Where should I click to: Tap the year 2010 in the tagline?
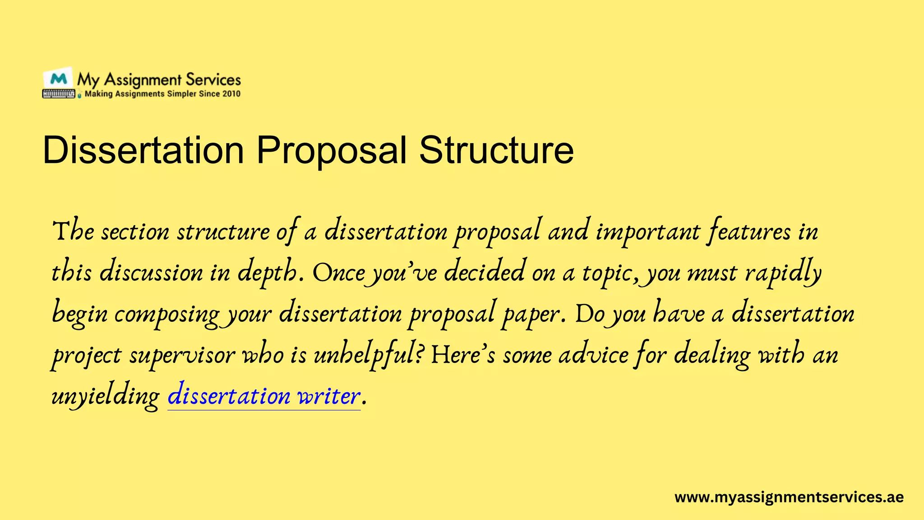[231, 94]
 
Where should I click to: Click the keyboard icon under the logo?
[59, 94]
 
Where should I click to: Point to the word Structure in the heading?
[496, 150]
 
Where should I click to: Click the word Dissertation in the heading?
[143, 150]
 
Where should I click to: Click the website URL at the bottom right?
[789, 497]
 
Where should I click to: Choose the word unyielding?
[106, 396]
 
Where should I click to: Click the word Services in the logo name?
[213, 80]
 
